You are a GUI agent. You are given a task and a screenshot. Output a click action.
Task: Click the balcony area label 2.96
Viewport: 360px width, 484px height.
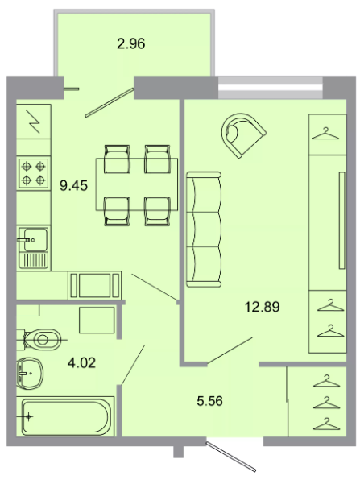[x=131, y=43]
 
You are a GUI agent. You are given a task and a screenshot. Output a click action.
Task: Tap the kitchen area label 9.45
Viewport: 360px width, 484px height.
[x=73, y=186]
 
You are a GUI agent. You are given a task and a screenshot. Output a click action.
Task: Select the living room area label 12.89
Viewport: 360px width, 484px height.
[x=262, y=307]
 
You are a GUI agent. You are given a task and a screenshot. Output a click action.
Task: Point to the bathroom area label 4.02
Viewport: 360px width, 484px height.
[x=81, y=362]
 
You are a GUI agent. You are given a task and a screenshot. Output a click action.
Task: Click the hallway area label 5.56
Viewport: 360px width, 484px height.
[x=209, y=401]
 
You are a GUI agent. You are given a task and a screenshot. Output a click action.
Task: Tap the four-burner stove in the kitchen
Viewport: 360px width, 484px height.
[x=33, y=173]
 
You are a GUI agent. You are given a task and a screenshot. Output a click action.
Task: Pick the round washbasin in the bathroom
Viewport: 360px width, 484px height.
[x=30, y=374]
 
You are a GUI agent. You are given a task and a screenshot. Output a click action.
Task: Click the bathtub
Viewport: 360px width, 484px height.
[x=66, y=416]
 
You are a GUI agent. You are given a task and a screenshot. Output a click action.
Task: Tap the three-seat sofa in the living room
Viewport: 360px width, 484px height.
[x=204, y=230]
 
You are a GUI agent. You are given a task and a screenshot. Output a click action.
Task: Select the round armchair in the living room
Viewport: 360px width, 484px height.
[x=243, y=135]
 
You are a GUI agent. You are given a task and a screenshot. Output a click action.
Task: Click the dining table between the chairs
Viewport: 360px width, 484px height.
[x=136, y=184]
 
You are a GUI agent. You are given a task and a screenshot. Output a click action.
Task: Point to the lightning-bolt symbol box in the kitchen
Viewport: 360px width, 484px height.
[x=33, y=122]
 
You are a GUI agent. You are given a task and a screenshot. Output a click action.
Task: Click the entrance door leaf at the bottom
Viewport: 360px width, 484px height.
[x=231, y=457]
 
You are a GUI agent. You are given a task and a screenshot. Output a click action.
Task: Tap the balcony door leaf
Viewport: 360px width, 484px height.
[x=110, y=102]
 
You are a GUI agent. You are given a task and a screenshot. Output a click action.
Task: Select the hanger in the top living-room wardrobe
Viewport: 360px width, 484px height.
[x=325, y=134]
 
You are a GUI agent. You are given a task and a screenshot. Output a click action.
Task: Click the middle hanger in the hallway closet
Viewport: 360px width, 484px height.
[x=327, y=403]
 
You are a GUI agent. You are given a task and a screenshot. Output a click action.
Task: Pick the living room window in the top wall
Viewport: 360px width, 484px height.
[x=271, y=87]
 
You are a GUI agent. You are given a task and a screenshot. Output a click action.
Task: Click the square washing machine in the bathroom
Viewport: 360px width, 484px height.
[x=97, y=320]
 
